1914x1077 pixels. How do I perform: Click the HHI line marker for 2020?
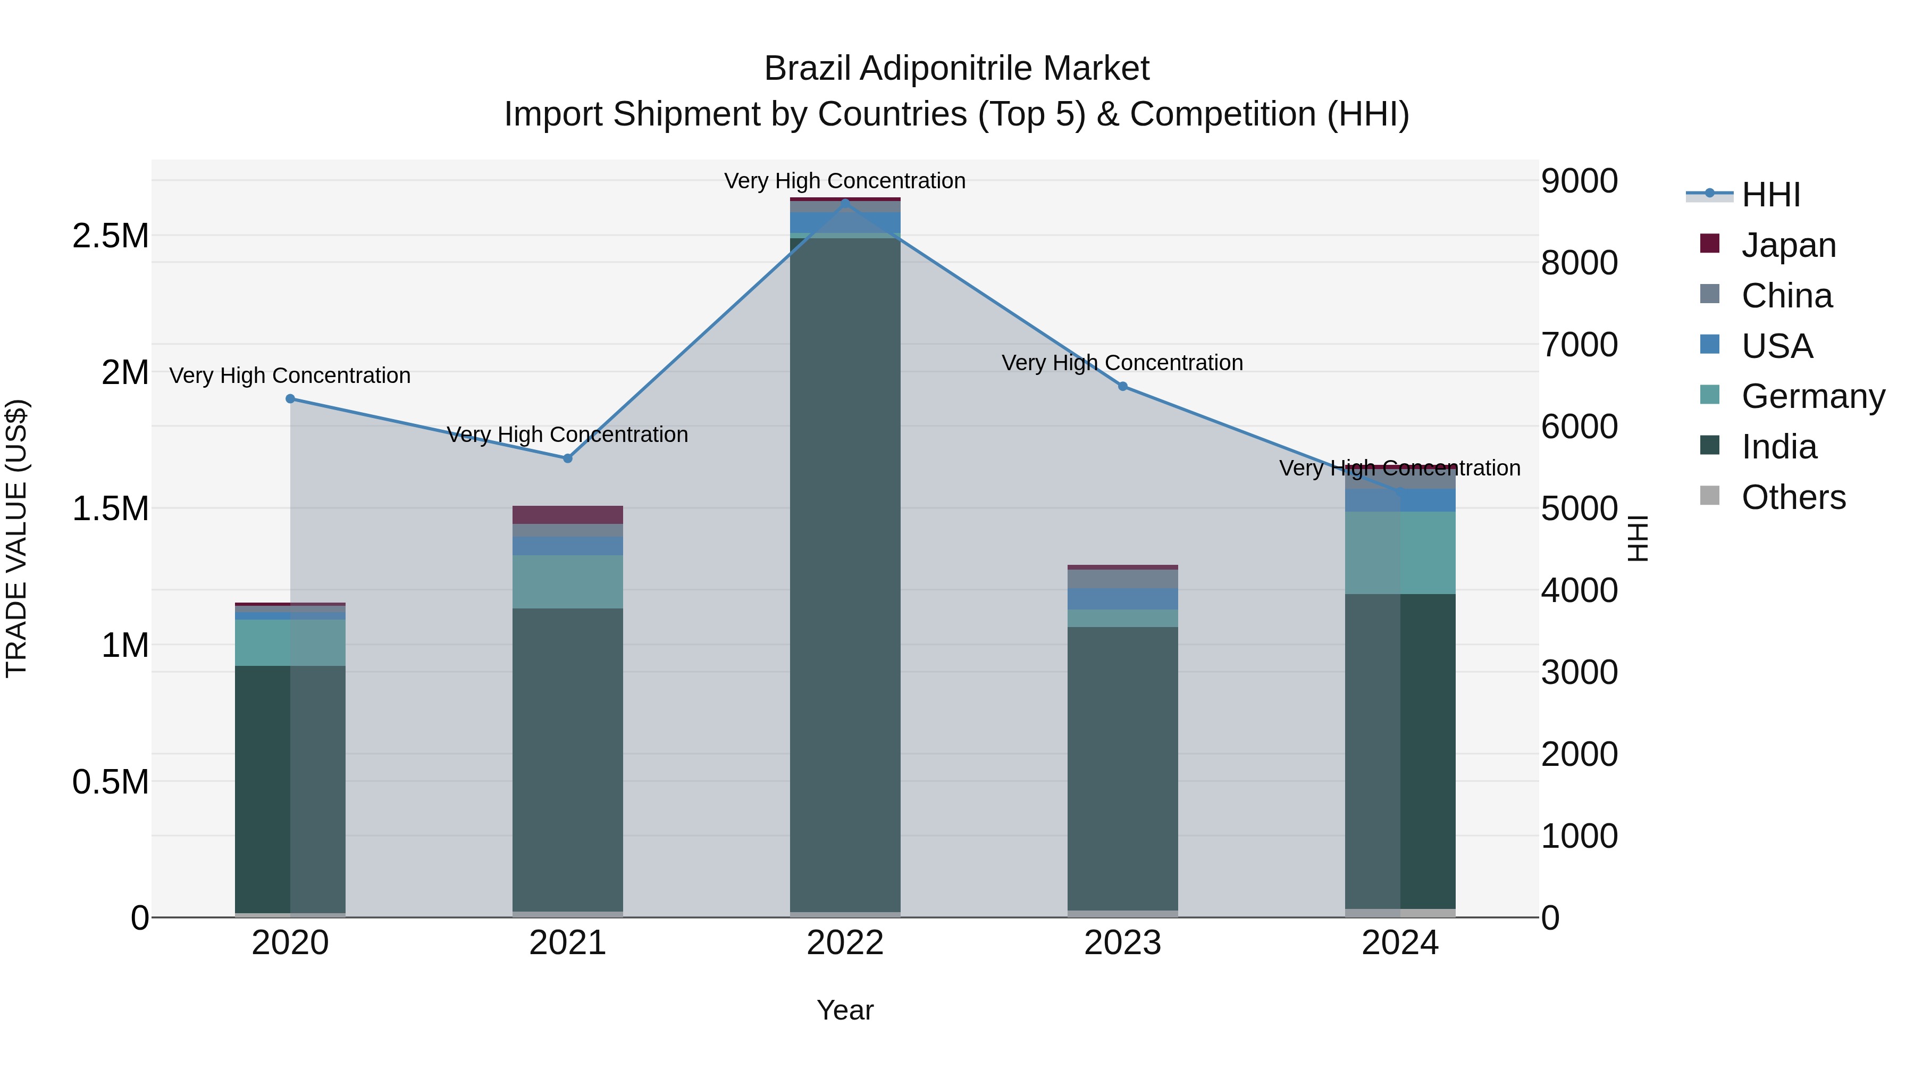pyautogui.click(x=290, y=399)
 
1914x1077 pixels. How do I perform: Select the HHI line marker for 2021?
pyautogui.click(x=568, y=458)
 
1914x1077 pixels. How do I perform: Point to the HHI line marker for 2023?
pyautogui.click(x=1123, y=387)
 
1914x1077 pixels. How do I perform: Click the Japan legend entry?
pyautogui.click(x=1787, y=245)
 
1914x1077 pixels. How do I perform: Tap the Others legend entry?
pyautogui.click(x=1793, y=497)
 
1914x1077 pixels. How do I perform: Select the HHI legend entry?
pyautogui.click(x=1770, y=195)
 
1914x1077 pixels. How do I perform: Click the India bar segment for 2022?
pyautogui.click(x=845, y=572)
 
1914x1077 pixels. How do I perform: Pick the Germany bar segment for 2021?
pyautogui.click(x=568, y=581)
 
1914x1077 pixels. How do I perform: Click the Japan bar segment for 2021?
pyautogui.click(x=568, y=514)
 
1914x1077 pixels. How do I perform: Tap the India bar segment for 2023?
pyautogui.click(x=1123, y=765)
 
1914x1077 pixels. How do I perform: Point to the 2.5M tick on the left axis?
pyautogui.click(x=111, y=236)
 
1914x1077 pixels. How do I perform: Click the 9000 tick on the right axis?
pyautogui.click(x=1579, y=181)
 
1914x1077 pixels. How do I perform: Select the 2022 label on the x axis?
pyautogui.click(x=845, y=943)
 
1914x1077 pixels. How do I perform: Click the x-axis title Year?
pyautogui.click(x=845, y=1010)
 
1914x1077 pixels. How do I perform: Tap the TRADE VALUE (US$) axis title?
pyautogui.click(x=17, y=538)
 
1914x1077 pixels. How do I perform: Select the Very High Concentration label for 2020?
pyautogui.click(x=290, y=375)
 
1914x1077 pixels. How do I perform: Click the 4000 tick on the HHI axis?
pyautogui.click(x=1579, y=591)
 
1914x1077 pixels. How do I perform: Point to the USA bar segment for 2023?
pyautogui.click(x=1123, y=598)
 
